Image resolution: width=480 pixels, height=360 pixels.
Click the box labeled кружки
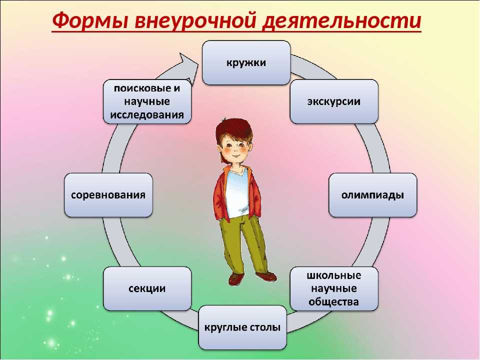(246, 62)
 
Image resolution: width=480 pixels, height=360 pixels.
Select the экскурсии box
(334, 101)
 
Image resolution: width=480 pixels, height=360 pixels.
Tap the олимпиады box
(372, 195)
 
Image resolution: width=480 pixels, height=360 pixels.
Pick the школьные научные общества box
(334, 288)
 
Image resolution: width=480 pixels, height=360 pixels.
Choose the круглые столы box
(242, 327)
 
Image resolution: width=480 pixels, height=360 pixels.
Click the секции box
(147, 288)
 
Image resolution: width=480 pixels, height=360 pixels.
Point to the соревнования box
(108, 195)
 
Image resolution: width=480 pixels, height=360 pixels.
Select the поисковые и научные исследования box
(147, 101)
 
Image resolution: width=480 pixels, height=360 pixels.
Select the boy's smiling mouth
(235, 155)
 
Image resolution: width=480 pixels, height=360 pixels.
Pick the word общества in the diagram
(333, 302)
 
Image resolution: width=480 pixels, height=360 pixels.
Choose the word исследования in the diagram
(147, 115)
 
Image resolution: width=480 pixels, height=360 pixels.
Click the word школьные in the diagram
(334, 275)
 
